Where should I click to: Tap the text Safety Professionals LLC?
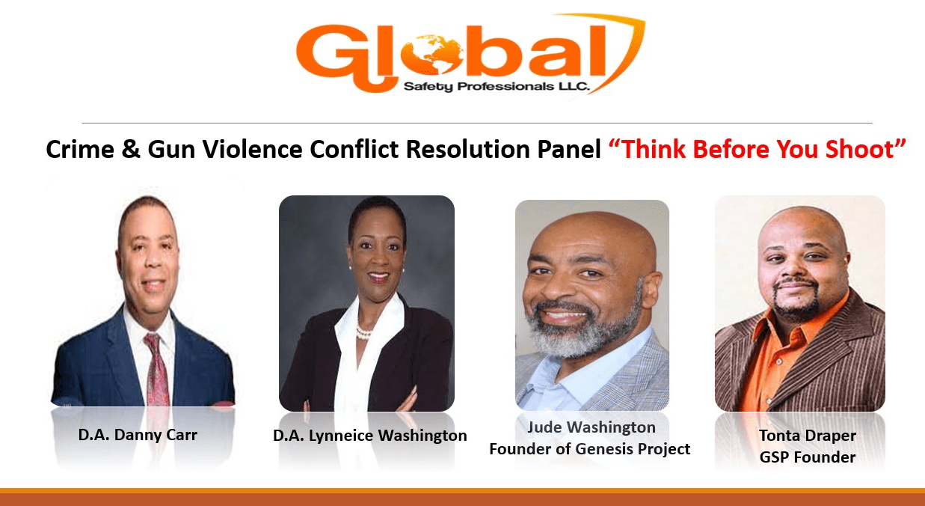pos(496,86)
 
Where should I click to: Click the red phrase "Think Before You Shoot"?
pos(757,149)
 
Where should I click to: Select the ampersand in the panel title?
pos(131,149)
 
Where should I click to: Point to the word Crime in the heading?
pos(80,149)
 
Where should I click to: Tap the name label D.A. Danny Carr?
pos(138,434)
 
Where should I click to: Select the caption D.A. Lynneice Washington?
pos(370,436)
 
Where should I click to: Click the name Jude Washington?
pos(591,427)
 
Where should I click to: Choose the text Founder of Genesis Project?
pos(590,449)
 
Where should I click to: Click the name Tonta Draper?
pos(808,436)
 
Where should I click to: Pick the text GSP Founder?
pos(808,457)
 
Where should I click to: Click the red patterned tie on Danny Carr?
pos(157,369)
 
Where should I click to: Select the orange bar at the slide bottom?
pos(462,497)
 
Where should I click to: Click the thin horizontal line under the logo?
pos(477,123)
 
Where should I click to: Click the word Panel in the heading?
pos(569,149)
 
